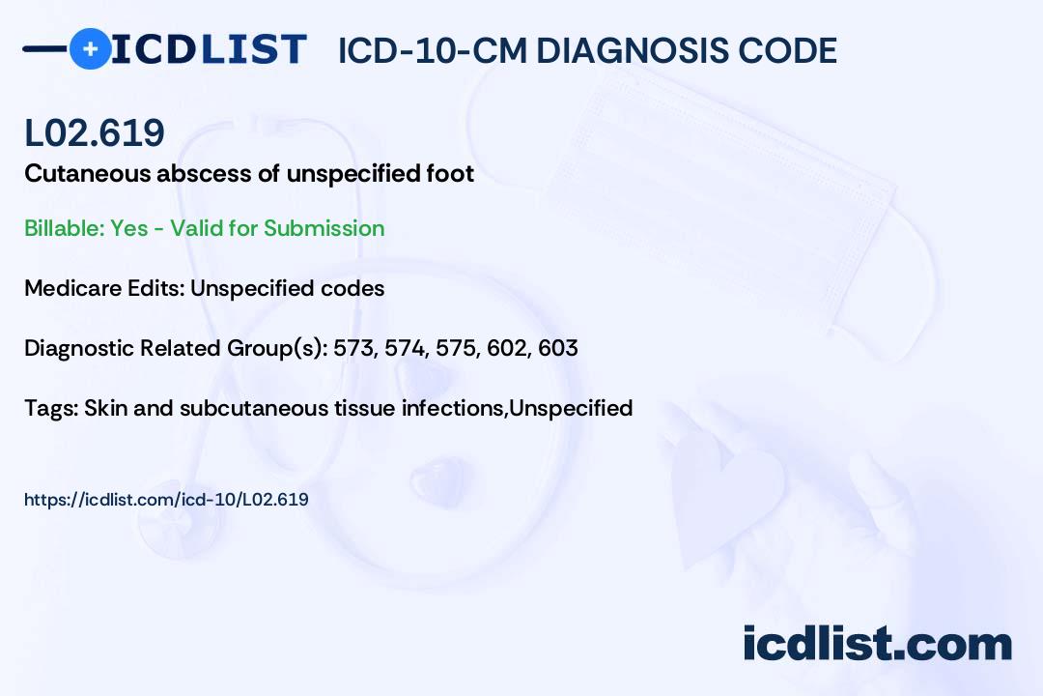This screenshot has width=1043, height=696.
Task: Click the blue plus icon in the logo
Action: point(90,48)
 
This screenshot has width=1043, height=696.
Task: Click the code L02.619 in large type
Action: point(95,132)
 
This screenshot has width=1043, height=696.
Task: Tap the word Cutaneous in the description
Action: point(88,173)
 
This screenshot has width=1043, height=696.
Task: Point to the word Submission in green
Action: point(324,228)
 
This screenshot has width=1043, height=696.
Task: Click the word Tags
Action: point(51,408)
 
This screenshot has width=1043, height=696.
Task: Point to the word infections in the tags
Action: point(451,408)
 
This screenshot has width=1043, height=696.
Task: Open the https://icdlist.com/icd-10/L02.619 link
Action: point(166,500)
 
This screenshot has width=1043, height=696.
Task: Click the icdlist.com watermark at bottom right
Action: point(877,644)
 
